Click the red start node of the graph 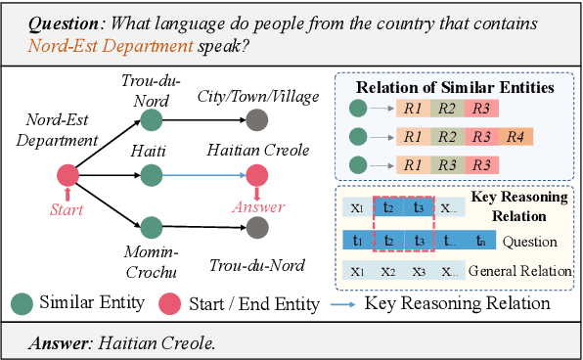click(x=67, y=176)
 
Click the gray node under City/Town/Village click(x=257, y=121)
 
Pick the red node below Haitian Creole click(x=257, y=176)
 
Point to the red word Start click(x=67, y=208)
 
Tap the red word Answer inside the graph click(x=257, y=207)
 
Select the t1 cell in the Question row click(x=355, y=241)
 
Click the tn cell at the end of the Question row click(x=479, y=241)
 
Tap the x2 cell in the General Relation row click(x=388, y=271)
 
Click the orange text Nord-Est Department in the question click(x=89, y=45)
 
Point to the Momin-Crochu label click(x=150, y=263)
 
